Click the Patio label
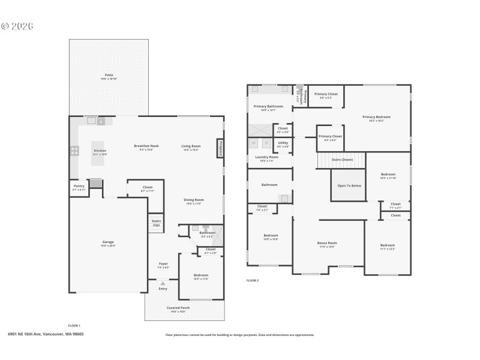click(x=108, y=75)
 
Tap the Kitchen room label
click(x=100, y=150)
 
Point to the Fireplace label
click(x=220, y=148)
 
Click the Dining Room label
click(x=193, y=200)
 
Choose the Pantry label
click(x=79, y=186)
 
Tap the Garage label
click(x=108, y=242)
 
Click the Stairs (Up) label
click(x=156, y=223)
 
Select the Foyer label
click(x=163, y=263)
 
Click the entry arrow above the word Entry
click(x=163, y=283)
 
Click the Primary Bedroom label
click(x=376, y=117)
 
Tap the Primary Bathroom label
click(x=268, y=106)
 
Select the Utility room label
click(x=283, y=143)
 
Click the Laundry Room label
click(x=266, y=158)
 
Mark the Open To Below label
click(x=349, y=185)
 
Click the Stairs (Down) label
click(x=343, y=160)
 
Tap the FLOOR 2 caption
click(x=253, y=280)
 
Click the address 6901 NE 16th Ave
click(x=46, y=334)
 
